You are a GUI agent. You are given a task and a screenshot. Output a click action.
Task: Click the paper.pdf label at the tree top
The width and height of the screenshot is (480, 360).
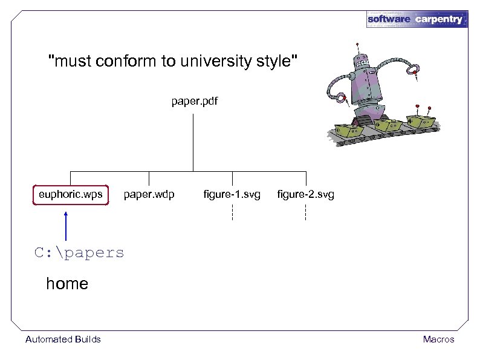(193, 102)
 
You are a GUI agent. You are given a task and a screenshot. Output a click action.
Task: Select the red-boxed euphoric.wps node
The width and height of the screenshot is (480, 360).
(71, 195)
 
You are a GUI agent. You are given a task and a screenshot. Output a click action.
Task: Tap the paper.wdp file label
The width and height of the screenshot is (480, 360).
(149, 195)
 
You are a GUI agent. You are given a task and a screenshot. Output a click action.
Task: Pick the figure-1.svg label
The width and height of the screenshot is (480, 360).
(232, 195)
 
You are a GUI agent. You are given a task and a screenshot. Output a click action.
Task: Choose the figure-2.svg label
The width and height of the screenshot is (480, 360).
(305, 195)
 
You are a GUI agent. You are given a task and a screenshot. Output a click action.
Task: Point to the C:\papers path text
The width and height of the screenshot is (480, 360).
(79, 252)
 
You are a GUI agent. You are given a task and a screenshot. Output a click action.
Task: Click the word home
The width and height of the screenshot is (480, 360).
(67, 284)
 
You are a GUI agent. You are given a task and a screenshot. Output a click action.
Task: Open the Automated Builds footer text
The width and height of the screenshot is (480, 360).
(63, 339)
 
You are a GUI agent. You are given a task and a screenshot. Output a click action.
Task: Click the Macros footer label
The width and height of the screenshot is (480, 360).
(438, 339)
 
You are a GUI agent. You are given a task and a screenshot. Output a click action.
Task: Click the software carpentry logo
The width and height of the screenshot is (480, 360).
(417, 19)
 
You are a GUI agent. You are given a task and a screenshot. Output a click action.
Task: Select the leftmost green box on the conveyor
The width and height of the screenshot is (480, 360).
(349, 129)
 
